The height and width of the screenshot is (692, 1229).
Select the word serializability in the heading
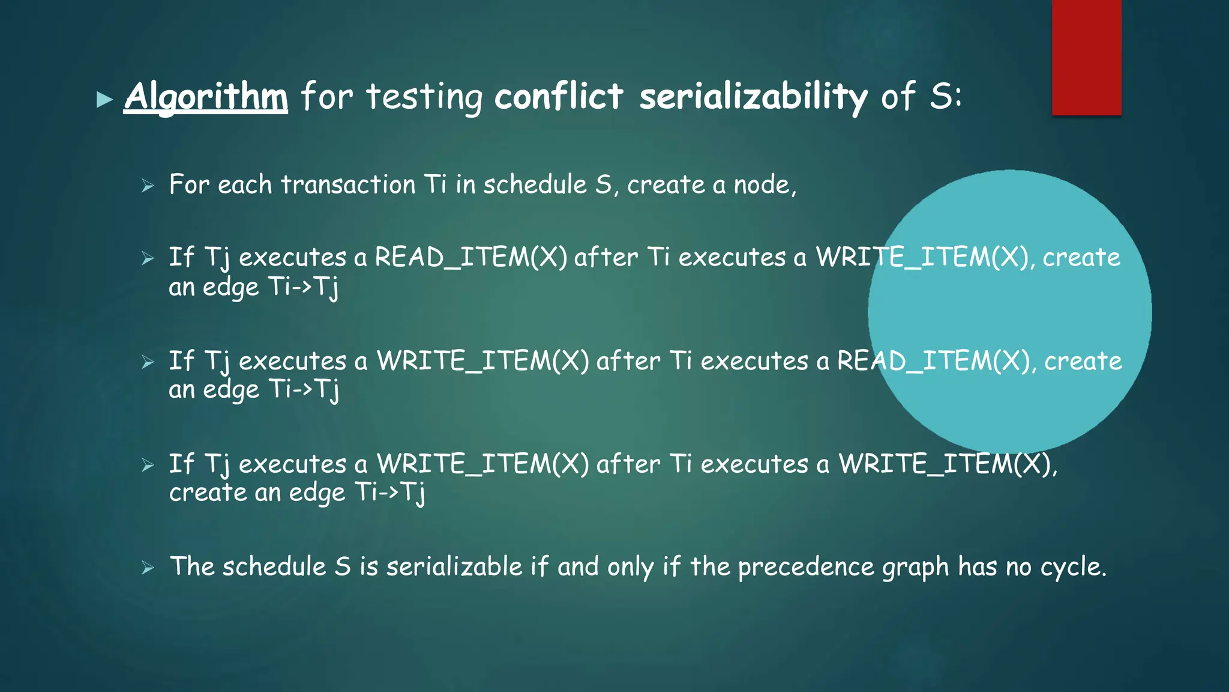click(x=753, y=97)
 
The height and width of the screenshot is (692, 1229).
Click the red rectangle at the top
click(x=1086, y=57)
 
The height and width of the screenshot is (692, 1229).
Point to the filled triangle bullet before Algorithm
click(x=105, y=99)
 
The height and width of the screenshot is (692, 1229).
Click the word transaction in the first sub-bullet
click(x=348, y=184)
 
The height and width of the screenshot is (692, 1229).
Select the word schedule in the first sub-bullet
click(x=535, y=184)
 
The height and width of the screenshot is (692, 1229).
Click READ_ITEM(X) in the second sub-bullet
click(x=470, y=258)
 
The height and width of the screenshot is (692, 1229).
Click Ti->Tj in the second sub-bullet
click(x=304, y=287)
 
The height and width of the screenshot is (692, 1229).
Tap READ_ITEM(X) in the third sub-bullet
click(x=934, y=361)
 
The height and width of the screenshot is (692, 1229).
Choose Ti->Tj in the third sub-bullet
click(x=304, y=390)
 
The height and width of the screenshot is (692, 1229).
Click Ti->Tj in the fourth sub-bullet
click(x=390, y=493)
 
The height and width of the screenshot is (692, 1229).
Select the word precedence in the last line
click(x=806, y=567)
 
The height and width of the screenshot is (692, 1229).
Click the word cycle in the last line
click(x=1072, y=567)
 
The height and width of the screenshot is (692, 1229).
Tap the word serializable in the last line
click(x=454, y=567)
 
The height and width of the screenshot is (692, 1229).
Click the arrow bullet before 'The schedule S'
click(x=148, y=568)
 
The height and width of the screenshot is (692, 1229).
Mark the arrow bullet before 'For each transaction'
click(x=148, y=186)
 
